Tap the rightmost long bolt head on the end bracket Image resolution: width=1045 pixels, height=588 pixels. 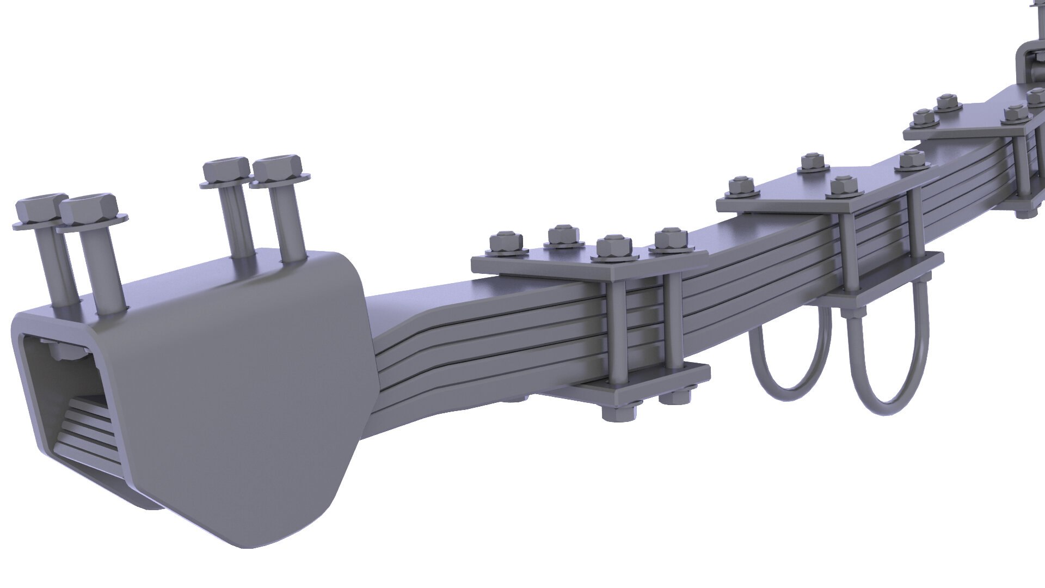pyautogui.click(x=278, y=168)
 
